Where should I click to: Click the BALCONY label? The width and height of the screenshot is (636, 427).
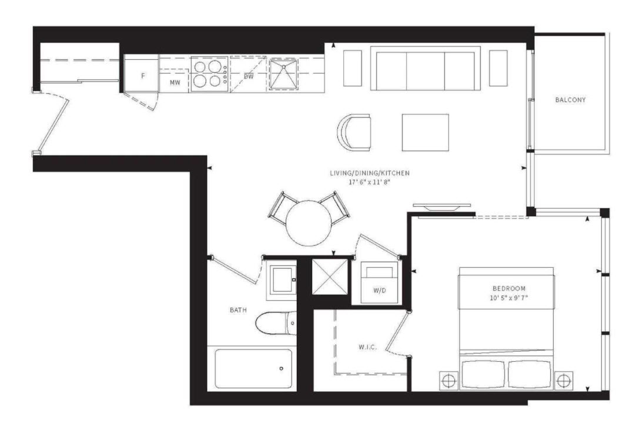(x=570, y=100)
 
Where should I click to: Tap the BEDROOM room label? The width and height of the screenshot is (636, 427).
(x=509, y=288)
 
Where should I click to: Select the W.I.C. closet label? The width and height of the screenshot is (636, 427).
(x=367, y=347)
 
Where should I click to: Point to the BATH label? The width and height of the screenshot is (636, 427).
(x=238, y=310)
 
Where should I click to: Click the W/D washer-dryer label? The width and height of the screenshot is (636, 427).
(x=380, y=291)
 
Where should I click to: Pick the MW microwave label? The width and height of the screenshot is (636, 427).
(x=175, y=83)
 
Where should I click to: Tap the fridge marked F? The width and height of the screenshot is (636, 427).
(x=142, y=76)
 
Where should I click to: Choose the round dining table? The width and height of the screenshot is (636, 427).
(x=309, y=223)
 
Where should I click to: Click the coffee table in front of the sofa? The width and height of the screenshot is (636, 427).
(x=425, y=132)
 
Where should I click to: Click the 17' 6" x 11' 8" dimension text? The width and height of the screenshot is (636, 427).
(x=369, y=182)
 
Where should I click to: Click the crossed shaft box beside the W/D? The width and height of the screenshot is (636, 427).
(x=330, y=277)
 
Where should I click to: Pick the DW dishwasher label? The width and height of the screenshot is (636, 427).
(x=249, y=76)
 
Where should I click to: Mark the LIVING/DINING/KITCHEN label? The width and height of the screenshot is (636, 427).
(x=370, y=173)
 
